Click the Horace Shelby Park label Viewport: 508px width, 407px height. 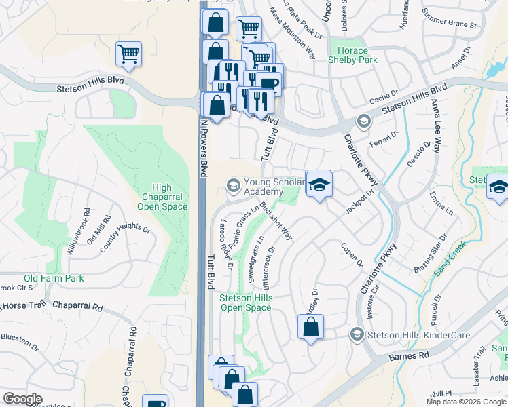(352, 56)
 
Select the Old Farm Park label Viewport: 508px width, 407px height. (54, 278)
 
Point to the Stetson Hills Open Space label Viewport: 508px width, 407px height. (245, 303)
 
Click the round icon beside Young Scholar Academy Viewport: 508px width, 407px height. (233, 186)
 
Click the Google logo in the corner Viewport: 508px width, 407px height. (22, 399)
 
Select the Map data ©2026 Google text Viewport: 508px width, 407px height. (465, 402)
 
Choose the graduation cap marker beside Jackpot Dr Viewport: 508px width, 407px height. (318, 183)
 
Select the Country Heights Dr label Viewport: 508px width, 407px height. (124, 237)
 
